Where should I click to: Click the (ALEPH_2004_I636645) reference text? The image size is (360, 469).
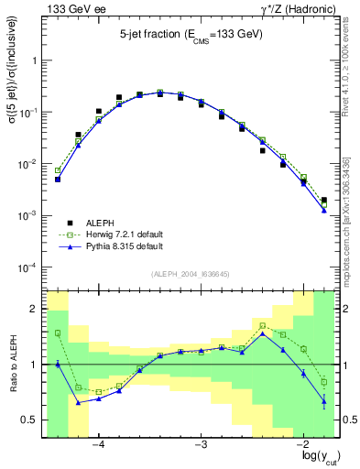tap(190, 274)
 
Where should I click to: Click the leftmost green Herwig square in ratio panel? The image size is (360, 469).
tap(58, 333)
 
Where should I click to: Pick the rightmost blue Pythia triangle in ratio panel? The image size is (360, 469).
tap(324, 400)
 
